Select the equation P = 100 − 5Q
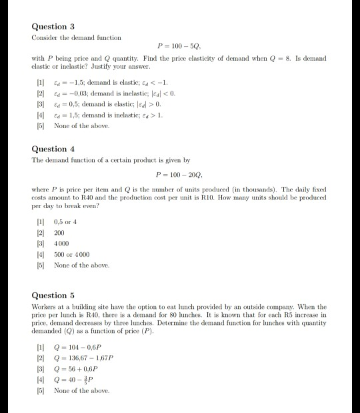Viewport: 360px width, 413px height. [179, 47]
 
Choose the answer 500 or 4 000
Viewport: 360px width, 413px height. [74, 255]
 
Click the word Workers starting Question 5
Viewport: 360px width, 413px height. [44, 306]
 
